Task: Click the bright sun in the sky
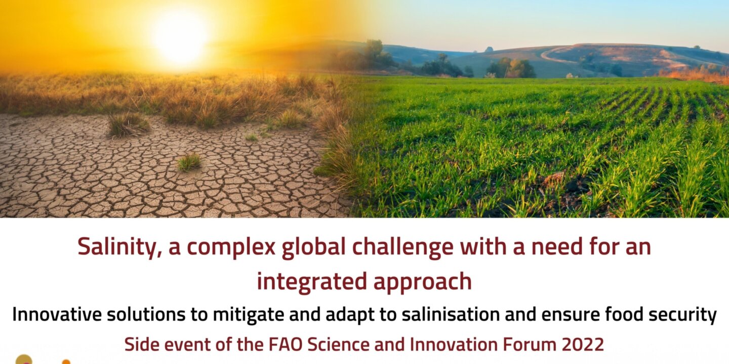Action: [x=180, y=38]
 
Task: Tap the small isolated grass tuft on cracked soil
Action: [x=189, y=162]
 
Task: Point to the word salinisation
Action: [x=452, y=314]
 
